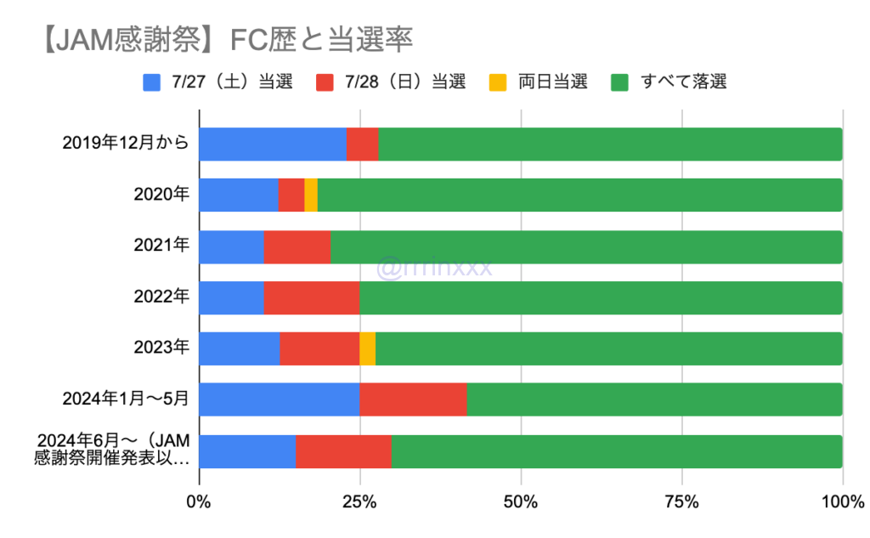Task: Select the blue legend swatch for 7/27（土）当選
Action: click(152, 82)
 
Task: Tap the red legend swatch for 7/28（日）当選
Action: click(326, 82)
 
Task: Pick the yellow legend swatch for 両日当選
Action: click(498, 82)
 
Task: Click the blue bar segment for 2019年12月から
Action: click(272, 144)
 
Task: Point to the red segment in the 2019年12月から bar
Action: click(362, 144)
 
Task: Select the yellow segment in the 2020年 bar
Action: click(311, 195)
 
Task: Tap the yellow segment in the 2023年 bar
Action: click(367, 348)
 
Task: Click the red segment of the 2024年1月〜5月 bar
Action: click(413, 399)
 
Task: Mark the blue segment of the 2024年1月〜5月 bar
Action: click(279, 399)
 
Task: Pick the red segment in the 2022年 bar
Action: click(311, 297)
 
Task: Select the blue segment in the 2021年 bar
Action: click(231, 246)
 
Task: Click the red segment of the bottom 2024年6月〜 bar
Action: click(343, 450)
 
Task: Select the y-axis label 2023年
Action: click(161, 348)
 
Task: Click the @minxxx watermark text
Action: click(434, 268)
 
